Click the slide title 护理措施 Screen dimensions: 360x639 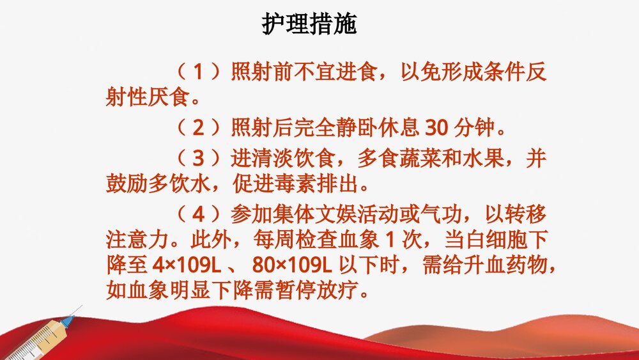(309, 24)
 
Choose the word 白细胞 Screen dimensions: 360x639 (502, 240)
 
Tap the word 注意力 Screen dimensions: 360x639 (137, 240)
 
